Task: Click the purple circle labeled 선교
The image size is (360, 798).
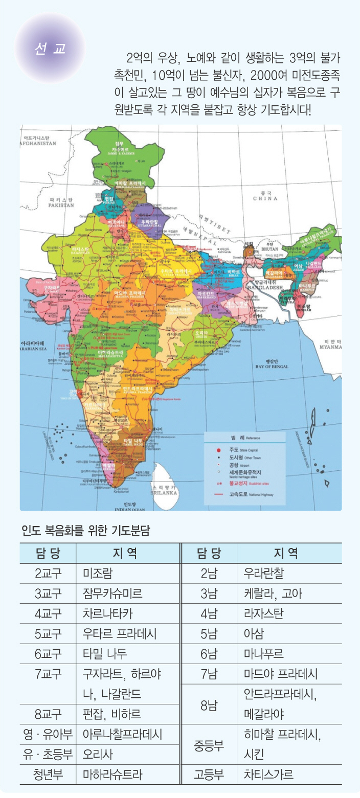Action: [x=50, y=49]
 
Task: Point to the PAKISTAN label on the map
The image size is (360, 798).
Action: [x=61, y=202]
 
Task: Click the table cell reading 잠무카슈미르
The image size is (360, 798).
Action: [x=112, y=593]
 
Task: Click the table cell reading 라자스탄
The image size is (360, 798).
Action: [x=263, y=613]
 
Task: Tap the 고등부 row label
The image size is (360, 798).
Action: [x=209, y=774]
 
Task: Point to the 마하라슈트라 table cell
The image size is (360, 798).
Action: [x=112, y=774]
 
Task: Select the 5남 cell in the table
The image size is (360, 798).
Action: [x=209, y=633]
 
